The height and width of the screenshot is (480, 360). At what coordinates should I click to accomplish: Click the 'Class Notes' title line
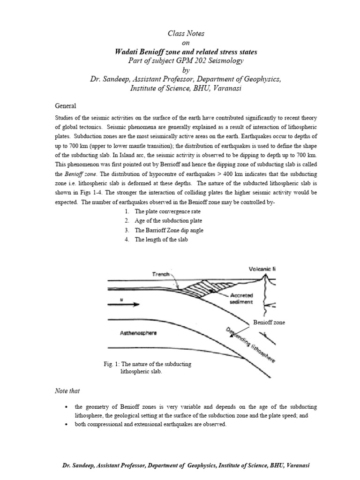(180, 34)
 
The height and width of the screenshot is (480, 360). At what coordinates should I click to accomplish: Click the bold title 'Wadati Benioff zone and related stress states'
(180, 52)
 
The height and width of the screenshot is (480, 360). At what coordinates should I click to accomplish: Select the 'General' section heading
(66, 106)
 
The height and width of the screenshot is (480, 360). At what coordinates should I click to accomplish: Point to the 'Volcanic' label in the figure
(262, 269)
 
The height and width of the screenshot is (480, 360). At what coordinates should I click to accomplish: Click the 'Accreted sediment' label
(241, 299)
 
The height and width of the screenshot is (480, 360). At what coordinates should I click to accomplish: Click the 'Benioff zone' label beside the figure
(269, 322)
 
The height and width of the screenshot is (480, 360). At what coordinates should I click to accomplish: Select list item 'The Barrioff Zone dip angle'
(169, 230)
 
